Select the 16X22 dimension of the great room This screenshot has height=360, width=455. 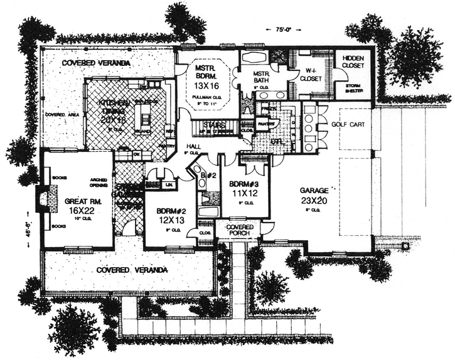78,212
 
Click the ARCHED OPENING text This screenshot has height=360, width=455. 99,182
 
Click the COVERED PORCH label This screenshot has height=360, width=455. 238,230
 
